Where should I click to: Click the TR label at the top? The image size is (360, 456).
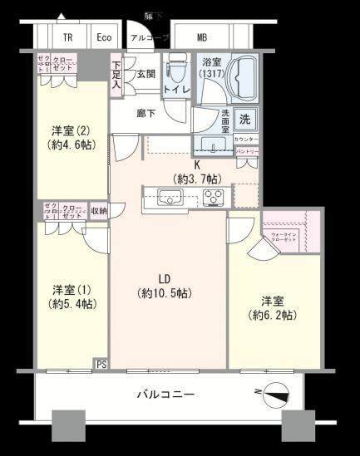pos(68,37)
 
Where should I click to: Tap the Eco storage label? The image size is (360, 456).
pos(104,37)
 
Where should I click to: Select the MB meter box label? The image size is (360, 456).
pos(203,37)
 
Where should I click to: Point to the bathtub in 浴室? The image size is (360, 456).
pos(224,80)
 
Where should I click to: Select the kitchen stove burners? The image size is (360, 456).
pos(211,198)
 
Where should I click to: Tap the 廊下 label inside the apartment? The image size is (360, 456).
pos(147,113)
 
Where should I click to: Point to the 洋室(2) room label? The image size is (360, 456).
pos(70,130)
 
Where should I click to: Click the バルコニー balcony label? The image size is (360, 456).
pos(165,395)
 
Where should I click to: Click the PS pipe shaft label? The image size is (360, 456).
pos(101,364)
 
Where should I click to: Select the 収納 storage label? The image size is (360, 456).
pos(99,212)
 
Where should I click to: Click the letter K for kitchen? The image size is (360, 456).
pos(196,164)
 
